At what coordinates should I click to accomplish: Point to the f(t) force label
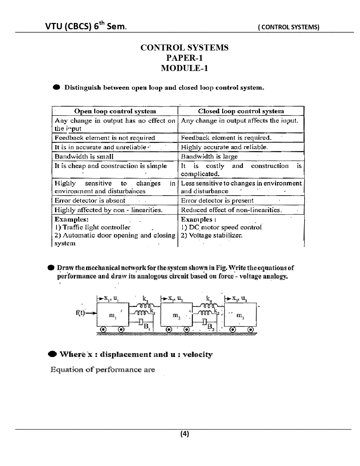click(81, 312)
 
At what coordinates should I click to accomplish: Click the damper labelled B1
click(140, 322)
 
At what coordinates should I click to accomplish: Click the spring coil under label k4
click(208, 306)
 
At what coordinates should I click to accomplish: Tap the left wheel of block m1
click(103, 329)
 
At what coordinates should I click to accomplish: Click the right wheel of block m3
click(251, 329)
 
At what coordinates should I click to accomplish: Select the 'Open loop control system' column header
click(115, 111)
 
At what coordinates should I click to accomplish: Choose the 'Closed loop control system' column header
click(241, 111)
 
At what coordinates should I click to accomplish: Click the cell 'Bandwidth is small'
click(84, 156)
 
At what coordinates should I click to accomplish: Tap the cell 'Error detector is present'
click(217, 201)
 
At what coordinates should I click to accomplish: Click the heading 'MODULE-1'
click(184, 68)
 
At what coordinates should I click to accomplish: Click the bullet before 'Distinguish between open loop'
click(56, 87)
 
